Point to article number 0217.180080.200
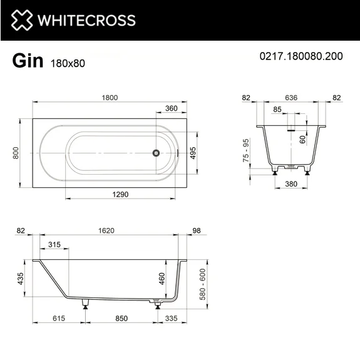click(301, 56)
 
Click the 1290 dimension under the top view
click(117, 195)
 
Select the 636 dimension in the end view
click(291, 98)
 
